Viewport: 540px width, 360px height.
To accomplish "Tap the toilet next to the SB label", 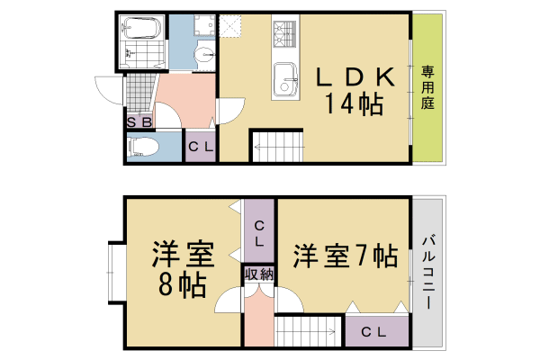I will click(144, 145).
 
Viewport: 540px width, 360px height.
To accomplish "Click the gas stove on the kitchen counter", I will click(285, 34).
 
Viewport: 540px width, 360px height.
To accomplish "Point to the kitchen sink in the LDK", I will click(287, 77).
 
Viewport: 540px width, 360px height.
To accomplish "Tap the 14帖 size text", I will click(355, 103).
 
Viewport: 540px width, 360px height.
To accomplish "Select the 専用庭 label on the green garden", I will click(427, 88).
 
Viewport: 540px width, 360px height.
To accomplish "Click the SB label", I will click(138, 121).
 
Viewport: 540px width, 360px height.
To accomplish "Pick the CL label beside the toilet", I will click(200, 147).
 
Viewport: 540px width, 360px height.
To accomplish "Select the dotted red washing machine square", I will click(233, 31).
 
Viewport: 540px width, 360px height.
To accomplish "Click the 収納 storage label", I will click(258, 274).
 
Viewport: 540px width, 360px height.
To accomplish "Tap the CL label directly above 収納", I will click(258, 232).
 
